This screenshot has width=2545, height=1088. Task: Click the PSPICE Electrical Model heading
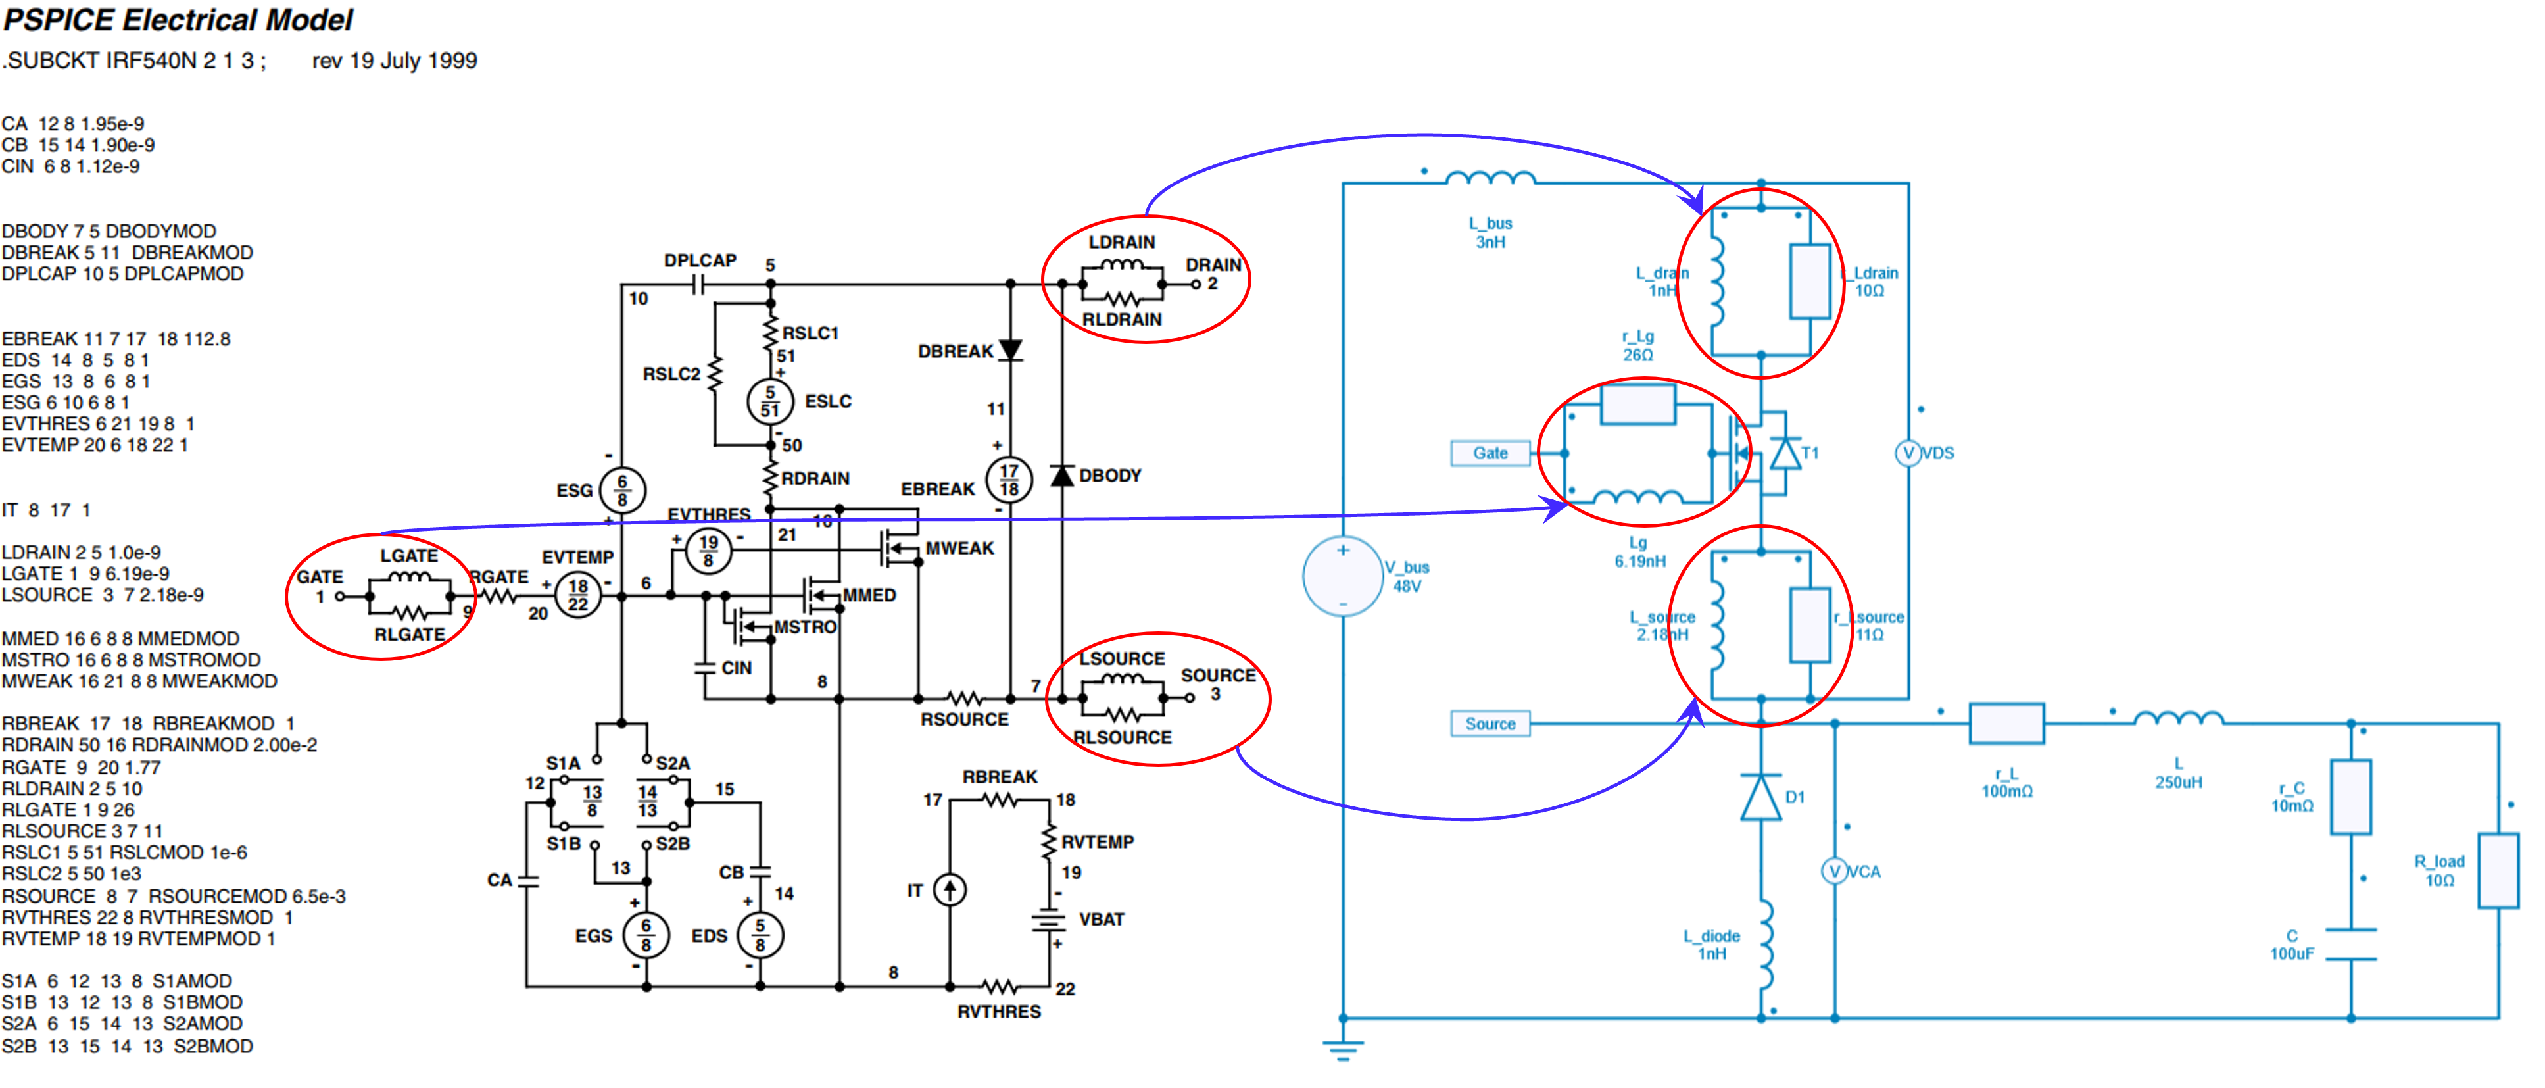click(x=178, y=20)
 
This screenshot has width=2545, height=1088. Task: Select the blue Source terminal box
click(x=1490, y=724)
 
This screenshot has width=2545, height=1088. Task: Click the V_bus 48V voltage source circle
click(x=1343, y=576)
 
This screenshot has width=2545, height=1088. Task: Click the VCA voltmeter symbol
click(x=1835, y=871)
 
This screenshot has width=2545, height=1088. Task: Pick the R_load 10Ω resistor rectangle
click(x=2498, y=871)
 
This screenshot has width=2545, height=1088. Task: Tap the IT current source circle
click(x=950, y=889)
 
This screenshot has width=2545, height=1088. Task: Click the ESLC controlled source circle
click(x=769, y=401)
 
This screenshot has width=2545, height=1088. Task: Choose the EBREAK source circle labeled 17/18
click(x=1009, y=480)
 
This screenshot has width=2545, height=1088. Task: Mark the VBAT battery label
click(x=1102, y=919)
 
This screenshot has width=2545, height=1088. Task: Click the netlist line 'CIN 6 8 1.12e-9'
click(x=71, y=166)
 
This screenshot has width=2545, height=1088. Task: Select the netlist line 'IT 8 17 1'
click(x=47, y=510)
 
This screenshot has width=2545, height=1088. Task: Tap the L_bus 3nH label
click(x=1490, y=232)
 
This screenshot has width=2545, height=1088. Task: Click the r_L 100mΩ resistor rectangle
click(x=2006, y=724)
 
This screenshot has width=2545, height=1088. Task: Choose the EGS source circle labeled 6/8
click(x=646, y=935)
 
